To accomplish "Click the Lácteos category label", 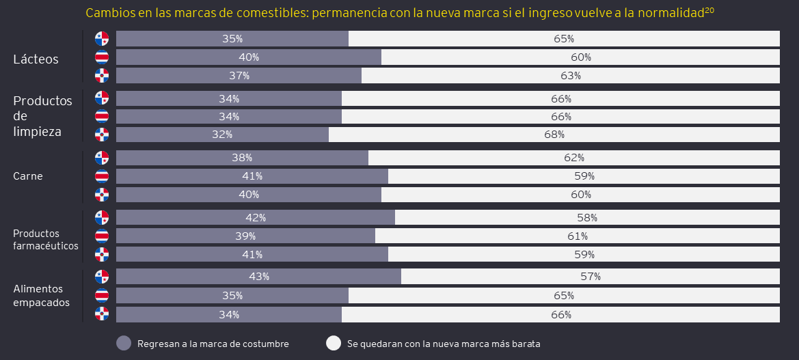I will coord(36,59).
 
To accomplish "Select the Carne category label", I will coord(28,176).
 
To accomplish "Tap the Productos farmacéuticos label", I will coord(46,240).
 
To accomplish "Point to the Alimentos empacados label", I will coord(41,295).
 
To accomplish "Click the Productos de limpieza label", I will coord(42,116).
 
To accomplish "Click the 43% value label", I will coord(258,277).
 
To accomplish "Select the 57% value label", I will coord(590,277).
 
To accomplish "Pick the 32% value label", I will coord(222,135).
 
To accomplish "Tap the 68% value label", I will coord(554,135).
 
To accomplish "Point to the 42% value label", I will coord(255,218).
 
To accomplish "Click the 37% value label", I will coord(239,75).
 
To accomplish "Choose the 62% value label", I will coord(573,158).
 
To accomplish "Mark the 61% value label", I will coord(577,236).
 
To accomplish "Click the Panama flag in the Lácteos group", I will coord(102,38).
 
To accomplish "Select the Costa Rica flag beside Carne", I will coord(102,176).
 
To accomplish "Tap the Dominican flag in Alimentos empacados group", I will coord(102,314).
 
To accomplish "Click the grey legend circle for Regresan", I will coord(124,344).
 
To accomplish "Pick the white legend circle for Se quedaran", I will coord(334,344).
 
